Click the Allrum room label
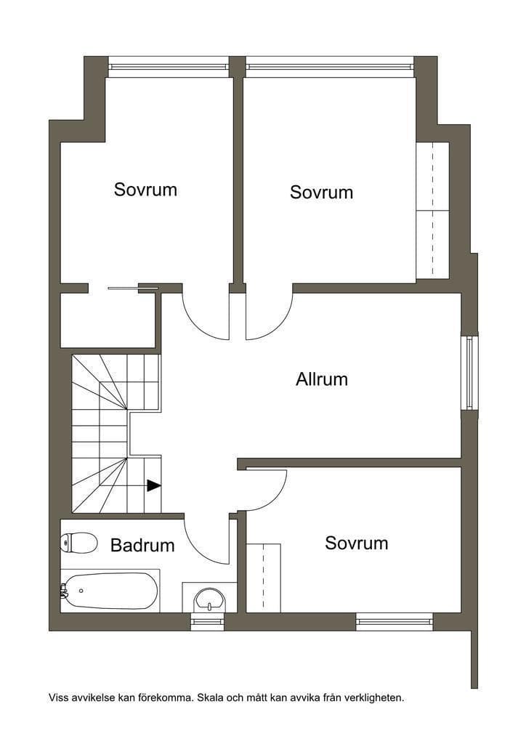322,379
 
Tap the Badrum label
142,545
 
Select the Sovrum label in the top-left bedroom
145,190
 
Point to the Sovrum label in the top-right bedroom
321,192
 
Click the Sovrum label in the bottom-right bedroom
356,543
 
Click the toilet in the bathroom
78,543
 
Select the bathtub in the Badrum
110,591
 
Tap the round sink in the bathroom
209,599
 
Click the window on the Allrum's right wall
469,373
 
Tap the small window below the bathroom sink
207,621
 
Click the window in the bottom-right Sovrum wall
394,621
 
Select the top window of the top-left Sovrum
169,66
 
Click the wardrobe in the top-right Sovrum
432,210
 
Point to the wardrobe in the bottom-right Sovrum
263,578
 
